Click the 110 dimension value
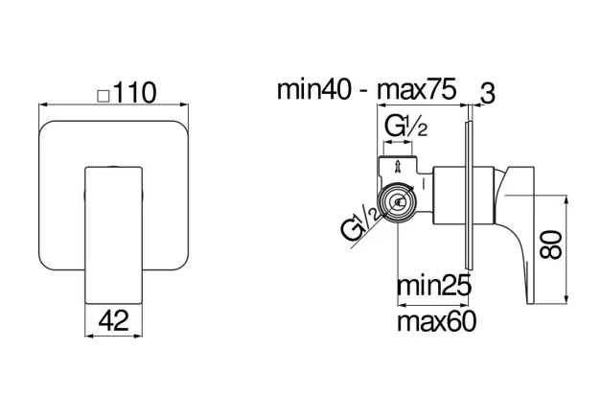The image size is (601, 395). pyautogui.click(x=135, y=92)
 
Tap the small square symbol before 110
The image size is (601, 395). pyautogui.click(x=104, y=96)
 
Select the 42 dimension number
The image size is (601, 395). pyautogui.click(x=113, y=320)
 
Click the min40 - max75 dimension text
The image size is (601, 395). pyautogui.click(x=366, y=89)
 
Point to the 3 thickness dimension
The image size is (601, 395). pyautogui.click(x=488, y=93)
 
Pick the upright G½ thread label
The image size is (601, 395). pyautogui.click(x=405, y=127)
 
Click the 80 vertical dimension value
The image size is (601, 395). pyautogui.click(x=551, y=244)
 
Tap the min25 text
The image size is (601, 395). pyautogui.click(x=433, y=286)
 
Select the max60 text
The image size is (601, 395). pyautogui.click(x=436, y=321)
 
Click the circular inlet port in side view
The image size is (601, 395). pyautogui.click(x=397, y=201)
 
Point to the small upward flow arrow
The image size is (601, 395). pyautogui.click(x=398, y=167)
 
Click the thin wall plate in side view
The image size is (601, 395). pyautogui.click(x=469, y=196)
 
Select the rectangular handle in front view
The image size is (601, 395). pyautogui.click(x=113, y=235)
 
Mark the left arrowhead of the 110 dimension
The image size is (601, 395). pyautogui.click(x=43, y=105)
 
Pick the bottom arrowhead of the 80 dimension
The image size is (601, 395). pyautogui.click(x=566, y=300)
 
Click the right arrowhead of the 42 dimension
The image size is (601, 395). pyautogui.click(x=138, y=336)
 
